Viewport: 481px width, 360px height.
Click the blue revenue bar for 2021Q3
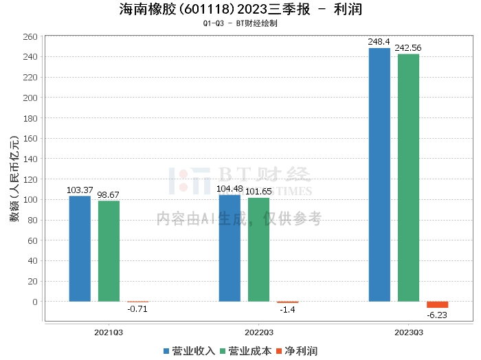coord(80,249)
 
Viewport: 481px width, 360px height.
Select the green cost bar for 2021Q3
coord(109,251)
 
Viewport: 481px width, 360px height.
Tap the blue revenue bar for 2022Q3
coord(230,248)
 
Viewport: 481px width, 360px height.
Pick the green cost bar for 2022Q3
coord(258,249)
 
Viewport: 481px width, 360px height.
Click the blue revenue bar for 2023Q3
coord(379,175)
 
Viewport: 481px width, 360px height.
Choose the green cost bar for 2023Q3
coord(408,177)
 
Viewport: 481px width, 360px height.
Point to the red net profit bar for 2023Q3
coord(437,304)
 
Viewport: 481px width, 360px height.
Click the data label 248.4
coord(379,42)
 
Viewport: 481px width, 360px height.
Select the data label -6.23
coord(437,315)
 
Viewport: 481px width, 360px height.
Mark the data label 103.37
coord(80,190)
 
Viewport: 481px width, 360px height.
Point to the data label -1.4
coord(287,310)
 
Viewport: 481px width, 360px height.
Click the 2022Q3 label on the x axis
coord(258,332)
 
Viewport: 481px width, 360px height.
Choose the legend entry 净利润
coord(300,351)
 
